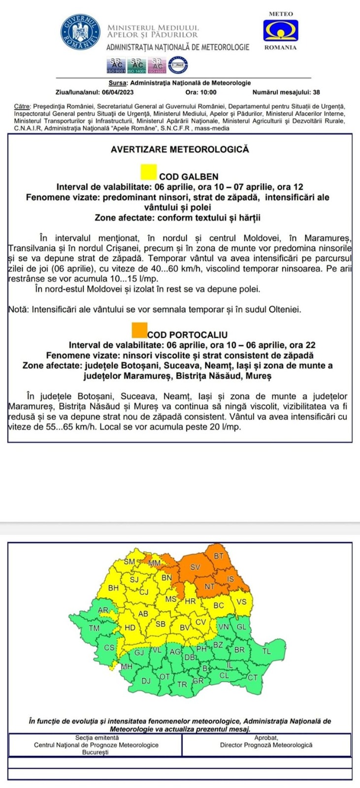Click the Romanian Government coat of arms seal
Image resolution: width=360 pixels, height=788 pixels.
[78, 32]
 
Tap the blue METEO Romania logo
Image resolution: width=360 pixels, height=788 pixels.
[280, 31]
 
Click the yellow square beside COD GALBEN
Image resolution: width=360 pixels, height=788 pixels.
[149, 172]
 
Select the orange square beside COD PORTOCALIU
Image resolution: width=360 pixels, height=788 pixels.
[140, 328]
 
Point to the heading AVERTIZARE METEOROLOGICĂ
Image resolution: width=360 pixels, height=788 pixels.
[180, 149]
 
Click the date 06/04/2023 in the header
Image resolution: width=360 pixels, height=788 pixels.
[117, 92]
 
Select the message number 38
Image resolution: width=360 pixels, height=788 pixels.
[316, 92]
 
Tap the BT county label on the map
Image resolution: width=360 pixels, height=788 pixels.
[219, 556]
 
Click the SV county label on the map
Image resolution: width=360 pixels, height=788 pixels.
[196, 567]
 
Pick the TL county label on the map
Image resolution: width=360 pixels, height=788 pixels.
[266, 650]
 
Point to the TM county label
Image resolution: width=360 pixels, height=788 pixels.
[94, 628]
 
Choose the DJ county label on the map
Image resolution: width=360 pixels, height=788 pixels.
[146, 681]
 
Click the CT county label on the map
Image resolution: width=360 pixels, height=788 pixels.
[253, 677]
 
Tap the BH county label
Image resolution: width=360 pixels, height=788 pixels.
[113, 588]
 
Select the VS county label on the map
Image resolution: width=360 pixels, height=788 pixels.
[241, 602]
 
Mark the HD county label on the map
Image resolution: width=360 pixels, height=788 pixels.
[130, 627]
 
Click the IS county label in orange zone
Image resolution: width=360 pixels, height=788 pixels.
[230, 579]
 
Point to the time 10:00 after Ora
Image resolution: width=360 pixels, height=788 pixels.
[208, 92]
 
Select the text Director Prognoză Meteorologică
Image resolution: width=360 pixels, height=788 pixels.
[266, 745]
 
